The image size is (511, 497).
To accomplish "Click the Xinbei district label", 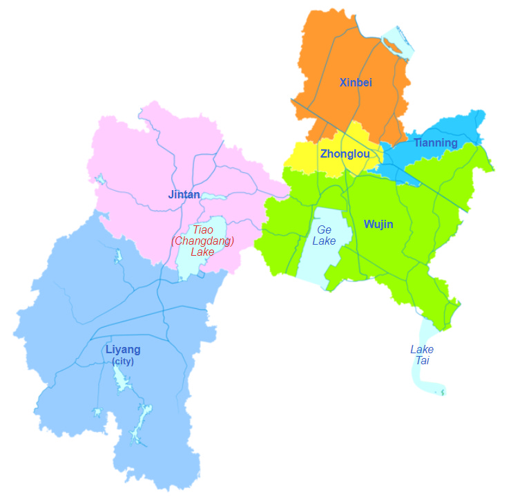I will (356, 83).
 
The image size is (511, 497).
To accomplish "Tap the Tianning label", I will (435, 143).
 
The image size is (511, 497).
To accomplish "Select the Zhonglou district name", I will (345, 154).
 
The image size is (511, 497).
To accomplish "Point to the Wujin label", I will (378, 225).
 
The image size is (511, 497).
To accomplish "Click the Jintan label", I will (184, 195).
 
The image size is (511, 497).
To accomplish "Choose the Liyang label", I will (123, 350).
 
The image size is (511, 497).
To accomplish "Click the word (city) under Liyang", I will (123, 362).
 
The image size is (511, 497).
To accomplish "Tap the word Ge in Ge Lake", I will (325, 229).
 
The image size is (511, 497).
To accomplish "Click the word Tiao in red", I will (203, 229).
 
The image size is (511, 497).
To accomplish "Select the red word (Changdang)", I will (202, 241).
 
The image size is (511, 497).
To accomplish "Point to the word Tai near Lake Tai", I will (422, 361).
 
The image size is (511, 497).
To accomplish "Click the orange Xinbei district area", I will (331, 48).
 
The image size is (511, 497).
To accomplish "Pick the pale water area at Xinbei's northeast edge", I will (396, 38).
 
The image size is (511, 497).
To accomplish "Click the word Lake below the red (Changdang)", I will (202, 252).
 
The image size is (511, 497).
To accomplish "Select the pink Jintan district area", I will (138, 166).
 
